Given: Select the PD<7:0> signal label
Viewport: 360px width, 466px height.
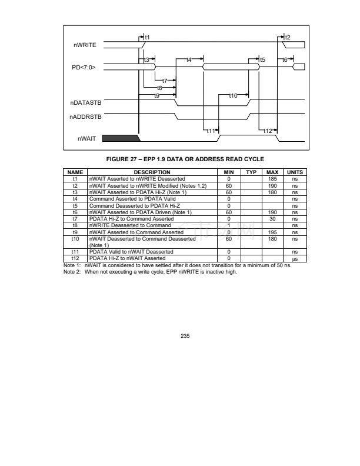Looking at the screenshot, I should coord(84,68).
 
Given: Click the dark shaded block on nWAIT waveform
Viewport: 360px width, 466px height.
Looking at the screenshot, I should coord(121,139).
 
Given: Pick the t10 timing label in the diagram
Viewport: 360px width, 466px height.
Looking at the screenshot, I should coord(232,95).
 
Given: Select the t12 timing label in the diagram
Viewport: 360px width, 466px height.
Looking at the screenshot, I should coord(268,131).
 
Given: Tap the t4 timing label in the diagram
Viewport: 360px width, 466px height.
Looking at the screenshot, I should coord(189,60).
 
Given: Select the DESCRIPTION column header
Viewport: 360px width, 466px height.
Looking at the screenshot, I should coord(155,172).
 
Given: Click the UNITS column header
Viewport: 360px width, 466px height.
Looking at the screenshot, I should coord(292,172).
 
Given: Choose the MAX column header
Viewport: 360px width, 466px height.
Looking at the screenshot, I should coord(272,172).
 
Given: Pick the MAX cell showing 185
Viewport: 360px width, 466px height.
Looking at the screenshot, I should coord(272,178).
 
